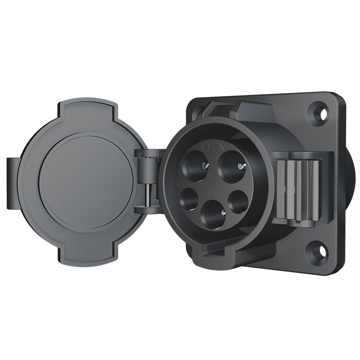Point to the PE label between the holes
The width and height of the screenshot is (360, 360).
pos(210,191)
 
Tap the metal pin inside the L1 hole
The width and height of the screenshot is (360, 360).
pos(205,166)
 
